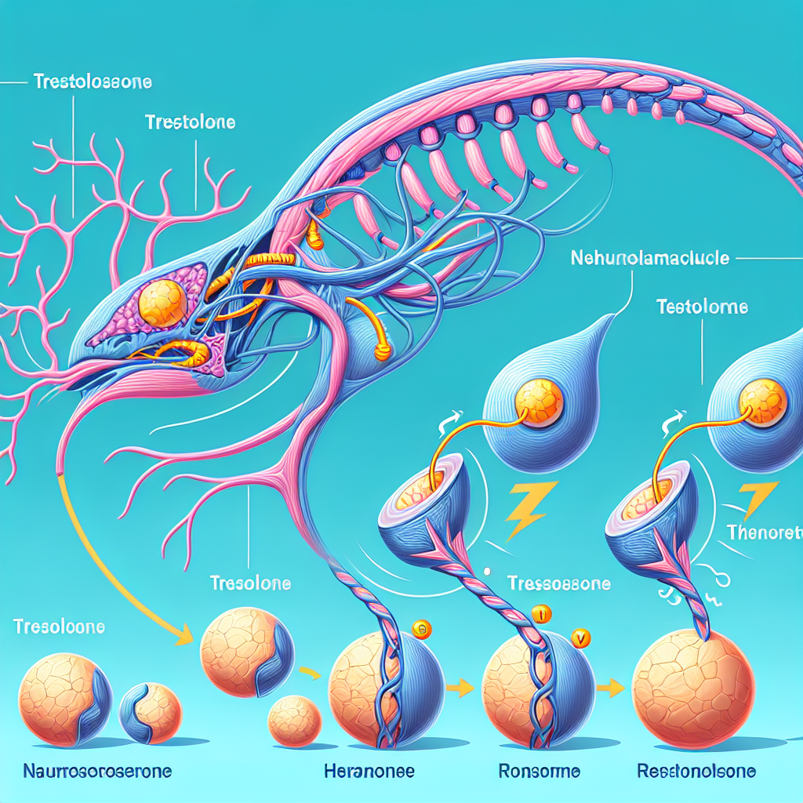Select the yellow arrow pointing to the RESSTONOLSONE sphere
(612, 688)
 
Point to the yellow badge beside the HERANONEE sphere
(420, 628)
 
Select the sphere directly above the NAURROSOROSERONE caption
(60, 700)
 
